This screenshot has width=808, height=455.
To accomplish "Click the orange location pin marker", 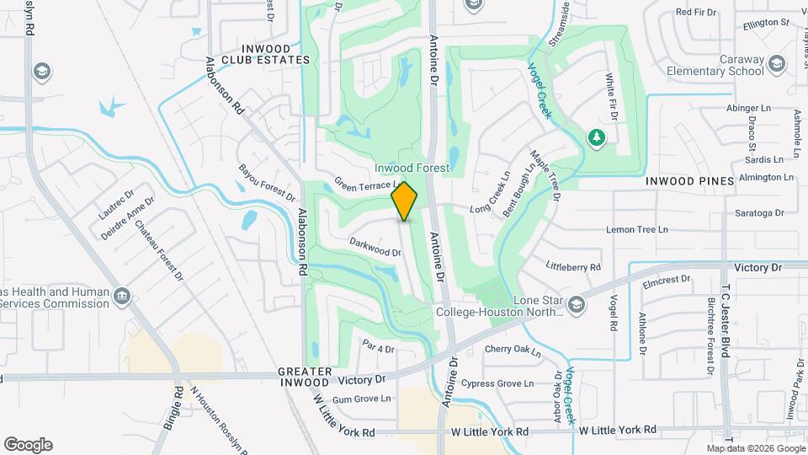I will click(405, 201).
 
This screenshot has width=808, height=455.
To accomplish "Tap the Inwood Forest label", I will click(412, 169).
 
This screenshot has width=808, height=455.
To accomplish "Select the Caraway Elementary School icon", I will click(776, 63).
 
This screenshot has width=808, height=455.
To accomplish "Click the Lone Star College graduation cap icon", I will click(576, 302).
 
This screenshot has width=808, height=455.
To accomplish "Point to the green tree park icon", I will click(597, 136).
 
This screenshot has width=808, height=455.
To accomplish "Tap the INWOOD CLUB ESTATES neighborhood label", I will click(265, 54).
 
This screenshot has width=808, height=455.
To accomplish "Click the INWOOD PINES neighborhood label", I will click(684, 181).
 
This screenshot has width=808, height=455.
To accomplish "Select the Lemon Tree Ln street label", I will click(636, 229).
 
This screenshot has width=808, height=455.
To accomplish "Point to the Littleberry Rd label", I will click(573, 267).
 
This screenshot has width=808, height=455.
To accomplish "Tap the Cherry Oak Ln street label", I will click(512, 349).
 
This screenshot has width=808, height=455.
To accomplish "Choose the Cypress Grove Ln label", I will click(502, 383).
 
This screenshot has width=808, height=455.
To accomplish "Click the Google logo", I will click(28, 445).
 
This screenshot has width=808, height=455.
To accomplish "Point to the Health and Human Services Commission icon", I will click(122, 295).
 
